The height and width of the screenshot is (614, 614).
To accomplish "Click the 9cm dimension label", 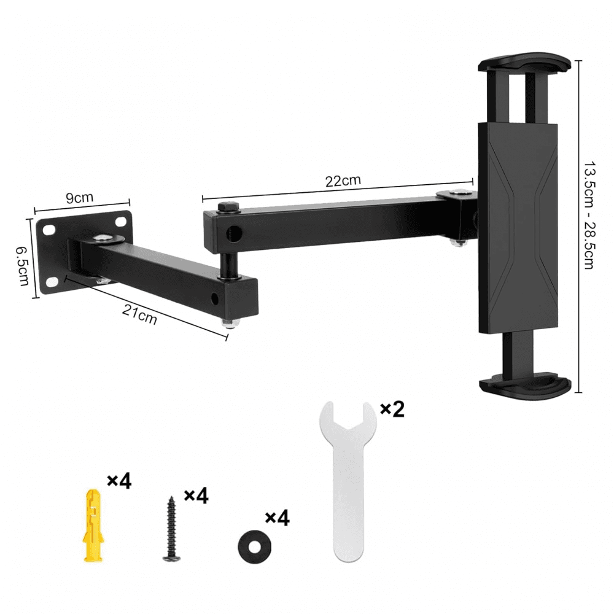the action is (79, 197).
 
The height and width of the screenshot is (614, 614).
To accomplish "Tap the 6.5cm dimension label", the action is (22, 266).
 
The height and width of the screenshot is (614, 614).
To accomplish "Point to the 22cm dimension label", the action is (343, 181).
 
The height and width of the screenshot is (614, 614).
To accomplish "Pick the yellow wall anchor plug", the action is (94, 525).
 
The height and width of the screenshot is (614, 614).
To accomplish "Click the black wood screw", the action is (171, 528).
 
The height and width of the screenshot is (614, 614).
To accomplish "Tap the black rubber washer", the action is (255, 546).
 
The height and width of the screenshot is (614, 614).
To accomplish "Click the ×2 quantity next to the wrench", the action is (392, 409).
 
